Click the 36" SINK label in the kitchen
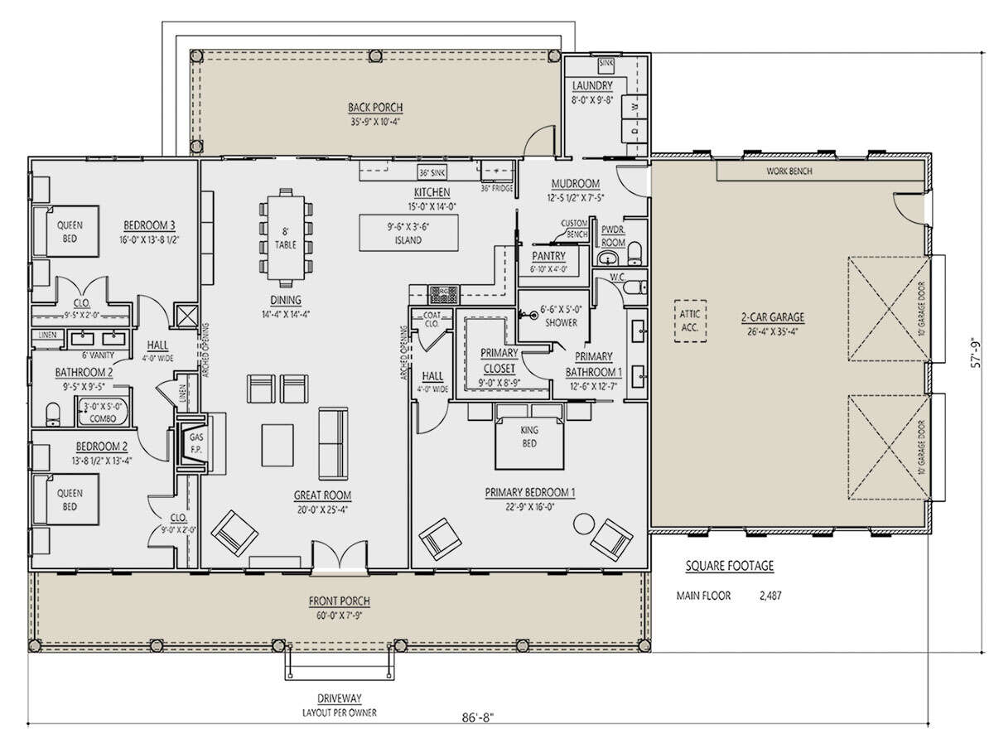432,172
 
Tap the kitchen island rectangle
408,233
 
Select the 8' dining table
286,238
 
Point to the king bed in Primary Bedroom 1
529,443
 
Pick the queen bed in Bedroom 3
66,231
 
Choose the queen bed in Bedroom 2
66,500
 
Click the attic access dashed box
690,321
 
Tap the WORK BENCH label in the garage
789,171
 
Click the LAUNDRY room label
592,85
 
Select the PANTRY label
548,256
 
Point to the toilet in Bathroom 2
53,414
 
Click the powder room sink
608,258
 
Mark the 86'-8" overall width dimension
478,717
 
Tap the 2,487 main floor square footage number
770,596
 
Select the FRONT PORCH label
340,601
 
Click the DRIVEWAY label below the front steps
340,698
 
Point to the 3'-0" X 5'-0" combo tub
103,413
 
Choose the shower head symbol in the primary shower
533,315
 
